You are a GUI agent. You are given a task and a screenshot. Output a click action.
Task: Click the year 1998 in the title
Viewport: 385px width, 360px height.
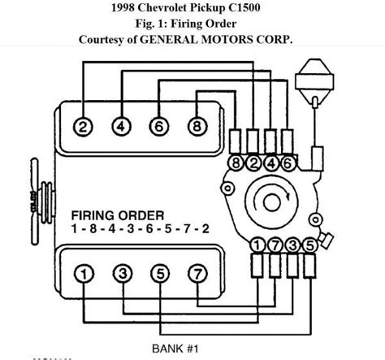coord(128,9)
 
